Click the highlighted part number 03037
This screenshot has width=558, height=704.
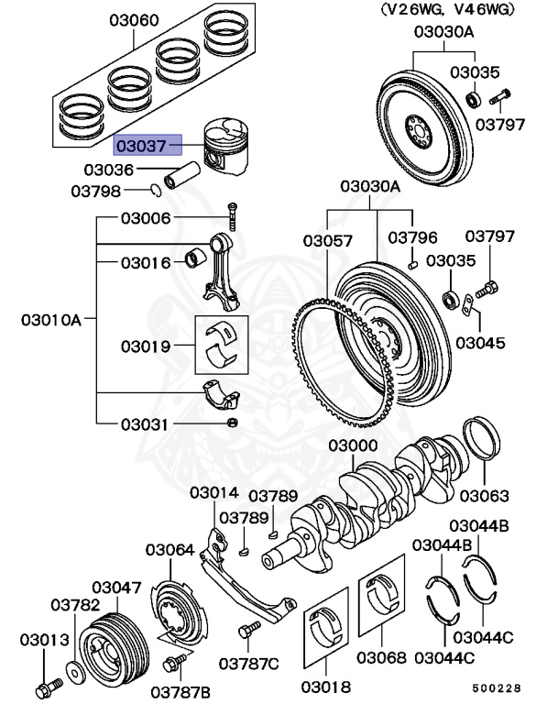click(x=146, y=144)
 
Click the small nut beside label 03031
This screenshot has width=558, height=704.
click(x=233, y=423)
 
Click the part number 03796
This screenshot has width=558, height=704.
click(x=412, y=237)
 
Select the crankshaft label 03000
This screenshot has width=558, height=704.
click(x=354, y=445)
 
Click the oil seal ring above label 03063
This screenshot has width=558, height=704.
click(x=483, y=446)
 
